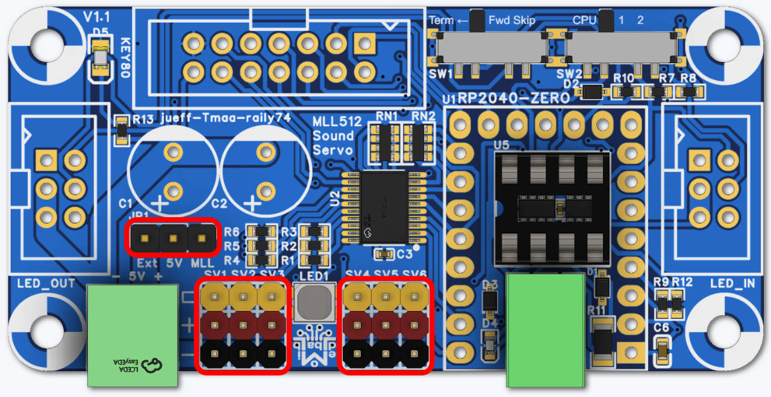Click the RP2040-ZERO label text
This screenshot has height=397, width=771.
tap(514, 98)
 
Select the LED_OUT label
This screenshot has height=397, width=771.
tap(46, 283)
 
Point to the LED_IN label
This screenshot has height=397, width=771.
tap(732, 283)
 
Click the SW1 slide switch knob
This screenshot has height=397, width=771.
tap(477, 20)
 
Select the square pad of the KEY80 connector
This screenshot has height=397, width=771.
tap(364, 43)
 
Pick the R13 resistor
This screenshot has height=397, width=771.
tap(122, 130)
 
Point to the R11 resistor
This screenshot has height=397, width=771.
tap(601, 342)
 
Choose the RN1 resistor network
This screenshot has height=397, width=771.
tap(384, 142)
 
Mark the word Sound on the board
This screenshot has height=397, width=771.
tap(333, 135)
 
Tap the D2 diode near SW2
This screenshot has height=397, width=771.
tap(593, 92)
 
